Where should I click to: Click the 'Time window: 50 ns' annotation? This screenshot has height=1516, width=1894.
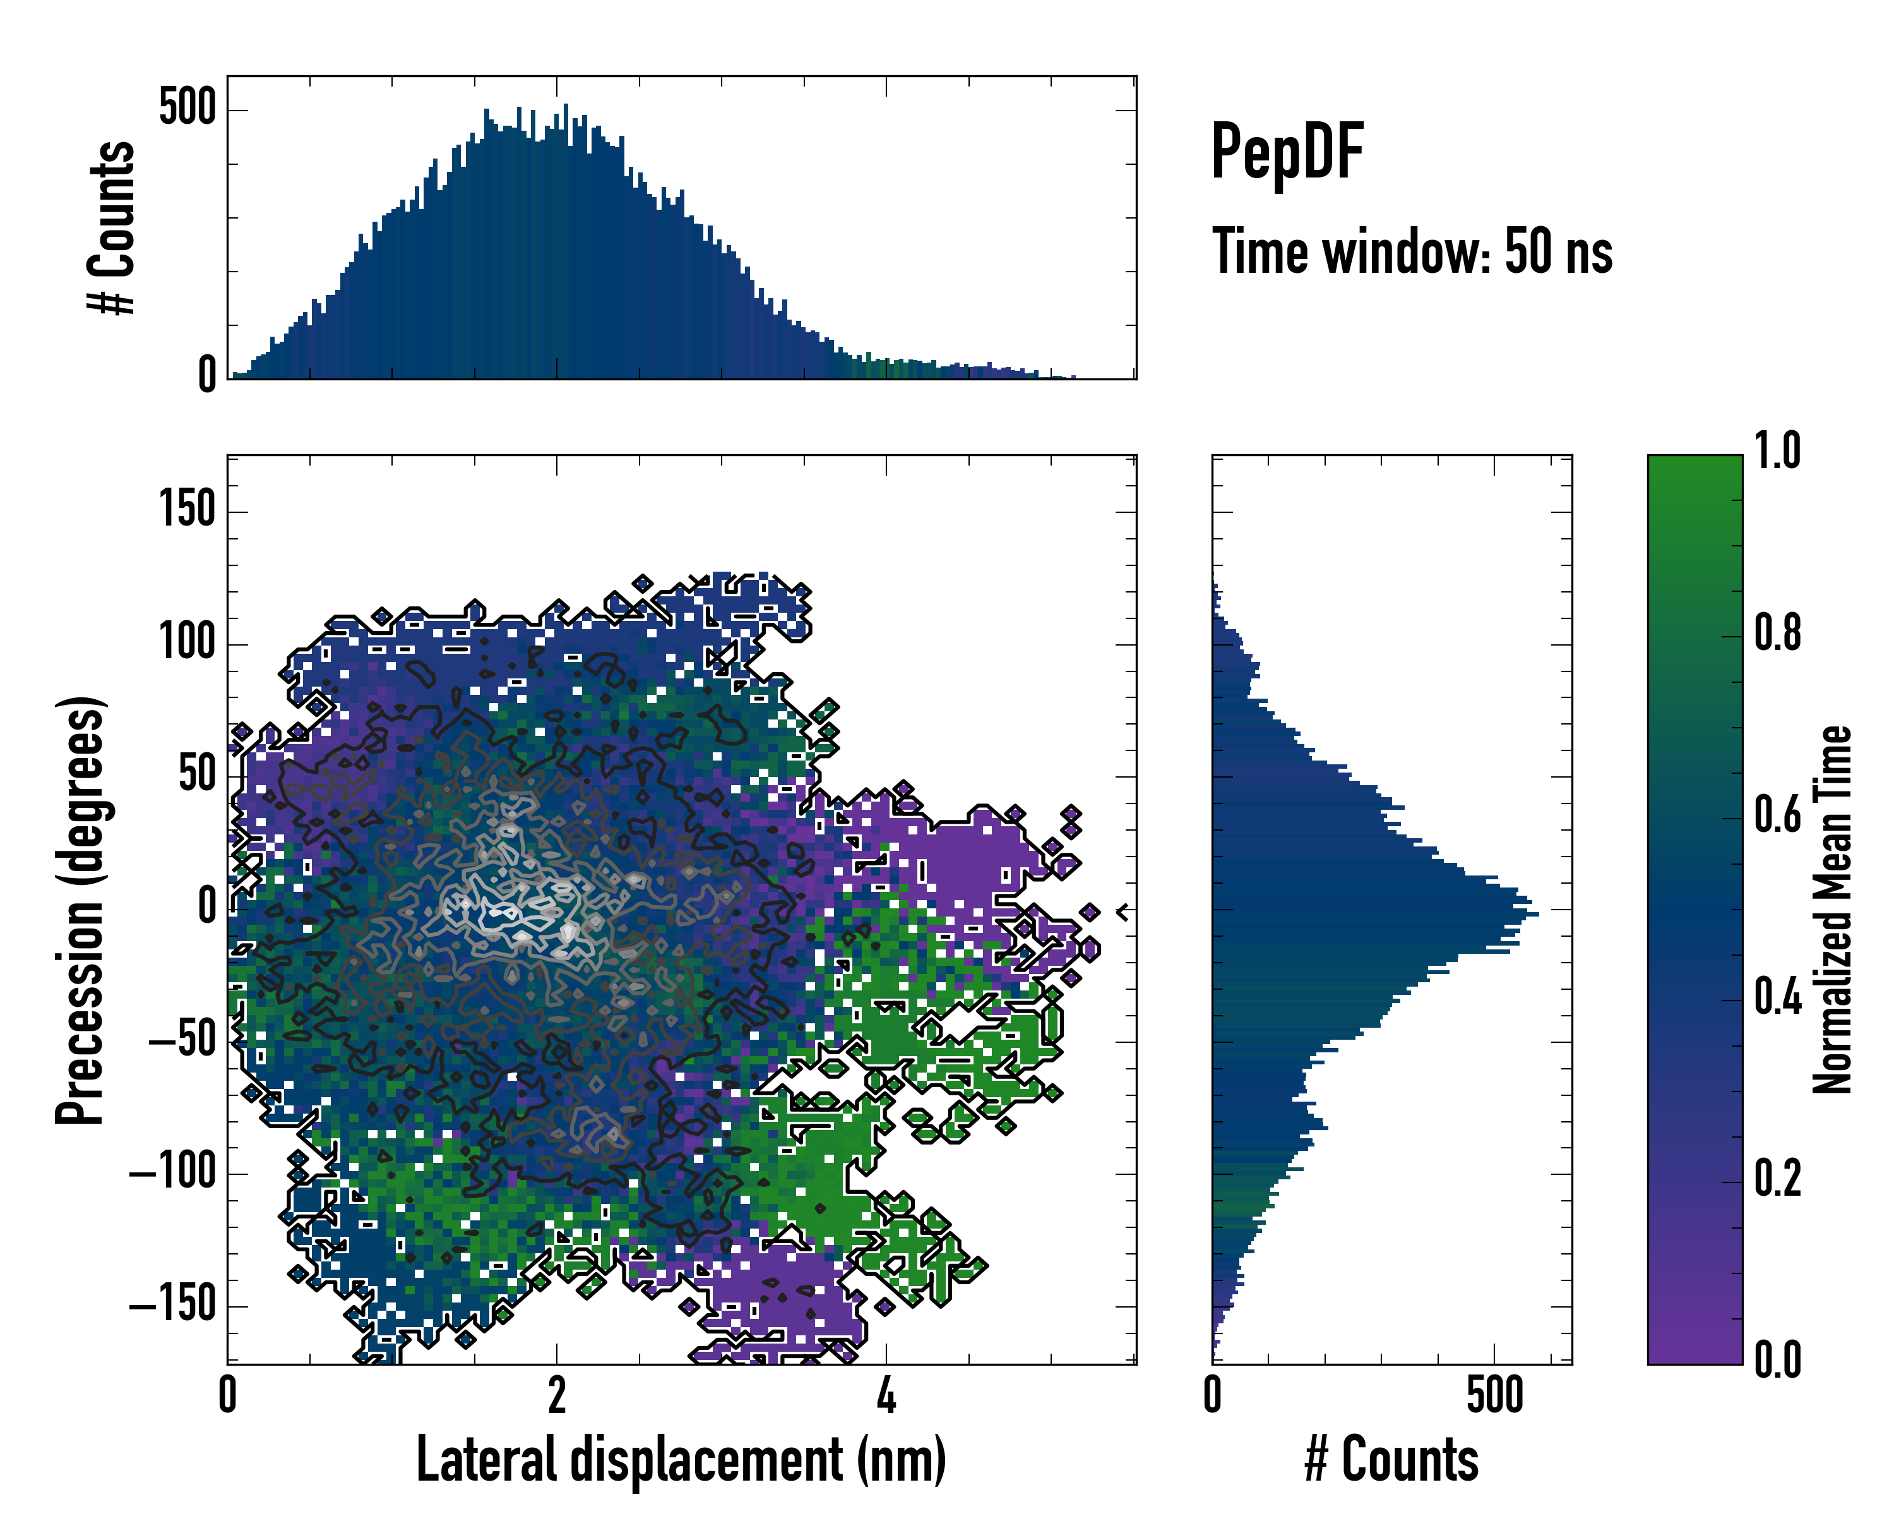[1412, 251]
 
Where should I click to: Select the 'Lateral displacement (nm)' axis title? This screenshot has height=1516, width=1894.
[681, 1459]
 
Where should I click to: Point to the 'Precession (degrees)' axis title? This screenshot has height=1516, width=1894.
[81, 910]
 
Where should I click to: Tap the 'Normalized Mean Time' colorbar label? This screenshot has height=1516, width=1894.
[1833, 910]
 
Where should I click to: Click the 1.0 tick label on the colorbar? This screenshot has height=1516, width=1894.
[1777, 451]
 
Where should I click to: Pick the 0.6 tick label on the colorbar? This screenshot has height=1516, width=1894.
[1777, 815]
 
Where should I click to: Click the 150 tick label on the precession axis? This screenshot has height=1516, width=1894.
[187, 510]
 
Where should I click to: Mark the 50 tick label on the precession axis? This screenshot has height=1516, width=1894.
[197, 775]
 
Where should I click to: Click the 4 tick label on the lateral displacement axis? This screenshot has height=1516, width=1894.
[886, 1395]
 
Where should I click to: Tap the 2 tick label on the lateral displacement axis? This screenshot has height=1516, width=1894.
[557, 1395]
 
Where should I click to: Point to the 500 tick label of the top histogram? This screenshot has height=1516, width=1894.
[187, 109]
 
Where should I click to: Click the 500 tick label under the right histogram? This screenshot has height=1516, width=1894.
[1494, 1395]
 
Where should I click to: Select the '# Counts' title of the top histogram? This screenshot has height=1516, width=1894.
[112, 227]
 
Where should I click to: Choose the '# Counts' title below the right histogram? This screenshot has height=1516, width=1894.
[1391, 1459]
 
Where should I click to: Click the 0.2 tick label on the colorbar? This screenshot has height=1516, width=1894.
[1777, 1179]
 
